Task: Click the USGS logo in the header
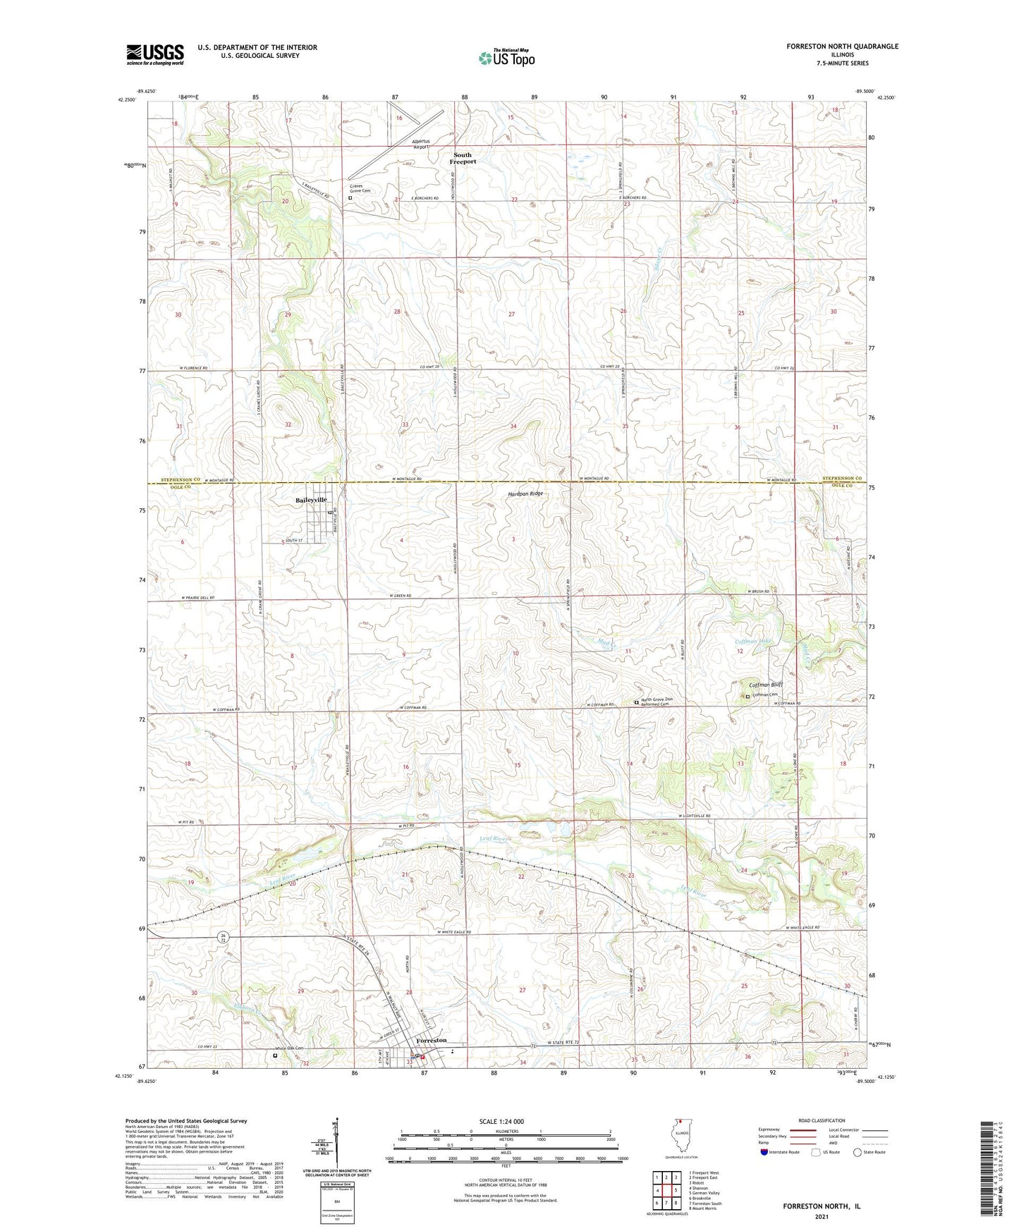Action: pyautogui.click(x=155, y=54)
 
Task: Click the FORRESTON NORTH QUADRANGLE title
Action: pyautogui.click(x=842, y=47)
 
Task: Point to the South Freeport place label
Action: pyautogui.click(x=464, y=158)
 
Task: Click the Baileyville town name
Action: pyautogui.click(x=311, y=500)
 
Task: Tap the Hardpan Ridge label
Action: pyautogui.click(x=526, y=494)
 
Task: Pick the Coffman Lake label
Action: pyautogui.click(x=753, y=642)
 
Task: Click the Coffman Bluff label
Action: pyautogui.click(x=765, y=685)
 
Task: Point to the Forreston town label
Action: pyautogui.click(x=432, y=1041)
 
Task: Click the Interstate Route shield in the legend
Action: pyautogui.click(x=764, y=1152)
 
